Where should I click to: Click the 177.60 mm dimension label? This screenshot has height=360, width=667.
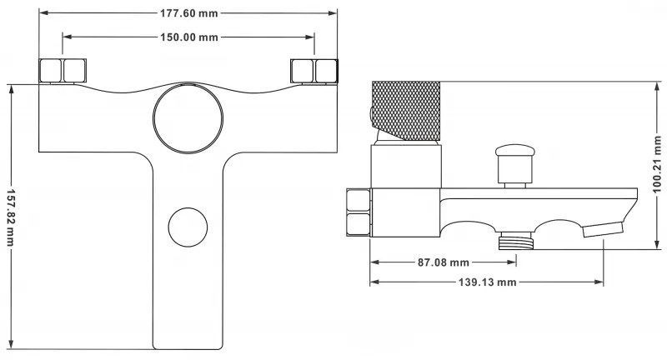coord(189,12)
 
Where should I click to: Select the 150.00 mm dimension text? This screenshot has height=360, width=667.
coord(189,37)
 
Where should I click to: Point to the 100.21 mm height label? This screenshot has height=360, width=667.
coord(657,163)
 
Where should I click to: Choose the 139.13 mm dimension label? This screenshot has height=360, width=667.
coord(488,282)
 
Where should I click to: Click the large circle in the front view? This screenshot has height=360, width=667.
coord(188,120)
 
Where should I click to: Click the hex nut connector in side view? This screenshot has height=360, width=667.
coord(358,213)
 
